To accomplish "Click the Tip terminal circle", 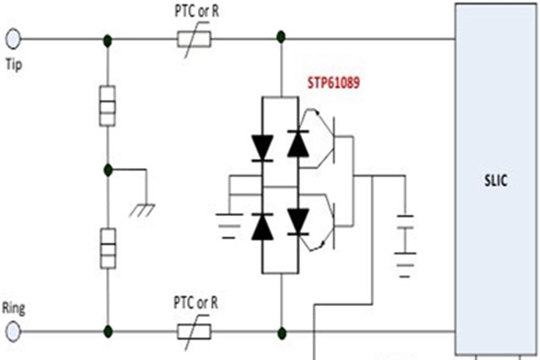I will pos(13,40).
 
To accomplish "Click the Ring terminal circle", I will pos(13,330).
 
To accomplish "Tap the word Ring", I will pos(15,308).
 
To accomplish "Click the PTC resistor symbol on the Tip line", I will pos(193,40).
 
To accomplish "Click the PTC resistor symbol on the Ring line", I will pos(193,330).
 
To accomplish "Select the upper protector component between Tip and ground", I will pos(107,105).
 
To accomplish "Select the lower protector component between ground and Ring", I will pos(107,245).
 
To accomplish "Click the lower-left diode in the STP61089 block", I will pos(262,227).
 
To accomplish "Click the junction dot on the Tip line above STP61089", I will pos(281,40).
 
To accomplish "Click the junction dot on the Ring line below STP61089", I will pos(281,330).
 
